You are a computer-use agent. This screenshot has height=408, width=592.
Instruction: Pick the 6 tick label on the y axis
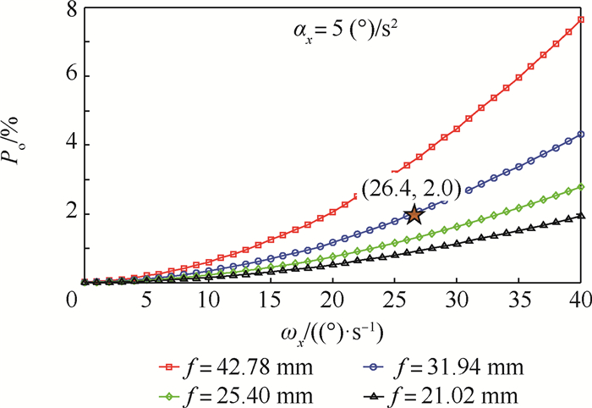tap(58, 75)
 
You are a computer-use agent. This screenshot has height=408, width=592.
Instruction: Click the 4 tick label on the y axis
tap(58, 144)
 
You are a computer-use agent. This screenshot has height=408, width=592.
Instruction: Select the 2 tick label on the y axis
tap(58, 213)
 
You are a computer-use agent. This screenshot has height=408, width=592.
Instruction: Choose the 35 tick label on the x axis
tap(518, 299)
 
